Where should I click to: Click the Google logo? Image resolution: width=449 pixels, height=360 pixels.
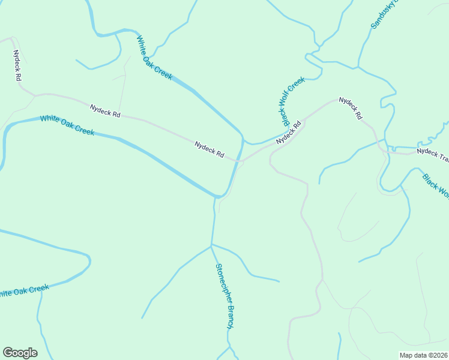(20, 353)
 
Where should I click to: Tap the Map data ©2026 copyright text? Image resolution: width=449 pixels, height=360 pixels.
(424, 355)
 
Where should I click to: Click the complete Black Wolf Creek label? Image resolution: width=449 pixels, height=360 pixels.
(294, 101)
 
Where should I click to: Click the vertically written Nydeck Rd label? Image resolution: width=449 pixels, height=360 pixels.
(18, 65)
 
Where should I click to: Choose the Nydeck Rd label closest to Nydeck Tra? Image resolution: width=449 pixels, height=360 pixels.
(351, 107)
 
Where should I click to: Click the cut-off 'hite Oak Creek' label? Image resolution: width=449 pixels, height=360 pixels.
(24, 291)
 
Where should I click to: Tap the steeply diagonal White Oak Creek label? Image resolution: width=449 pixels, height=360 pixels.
(154, 57)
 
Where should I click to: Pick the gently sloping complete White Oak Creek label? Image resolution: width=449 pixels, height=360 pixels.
(67, 125)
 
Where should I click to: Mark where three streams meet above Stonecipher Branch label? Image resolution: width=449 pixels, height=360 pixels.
(211, 245)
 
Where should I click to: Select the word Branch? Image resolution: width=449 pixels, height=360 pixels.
(229, 316)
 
